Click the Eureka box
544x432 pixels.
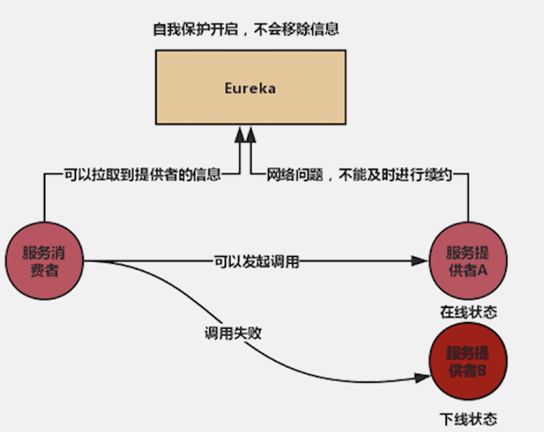pos(251,107)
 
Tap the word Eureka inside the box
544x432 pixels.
pos(250,88)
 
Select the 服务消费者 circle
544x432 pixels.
pos(44,261)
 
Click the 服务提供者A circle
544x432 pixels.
pos(468,261)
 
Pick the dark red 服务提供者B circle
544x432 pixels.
pos(468,361)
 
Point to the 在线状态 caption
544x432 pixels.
pos(468,312)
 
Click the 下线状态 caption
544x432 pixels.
pos(468,419)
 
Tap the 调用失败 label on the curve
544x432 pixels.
pos(233,333)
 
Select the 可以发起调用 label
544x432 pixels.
pos(256,261)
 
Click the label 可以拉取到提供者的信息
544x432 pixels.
pos(142,174)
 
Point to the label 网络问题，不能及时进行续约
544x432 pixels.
pos(359,174)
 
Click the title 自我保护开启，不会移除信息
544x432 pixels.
pos(246,29)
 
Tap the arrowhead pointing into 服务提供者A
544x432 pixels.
pos(419,261)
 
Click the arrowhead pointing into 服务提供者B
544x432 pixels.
pos(422,377)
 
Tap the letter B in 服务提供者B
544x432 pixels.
pos(481,371)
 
